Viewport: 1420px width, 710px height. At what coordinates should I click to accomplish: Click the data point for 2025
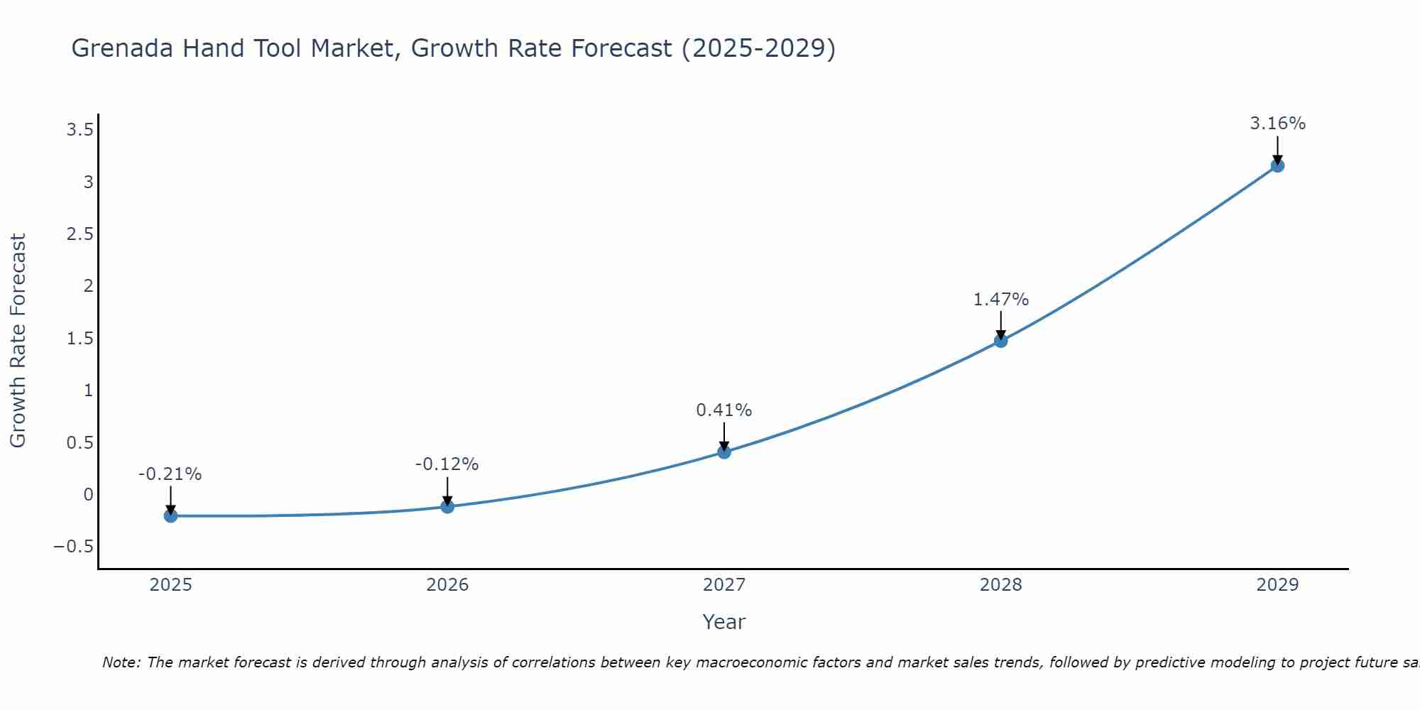point(170,515)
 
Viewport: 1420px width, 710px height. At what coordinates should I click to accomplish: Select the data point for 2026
point(447,506)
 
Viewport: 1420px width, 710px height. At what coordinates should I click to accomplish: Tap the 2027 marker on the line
point(724,452)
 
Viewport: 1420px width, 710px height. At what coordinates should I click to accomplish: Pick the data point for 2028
point(1000,341)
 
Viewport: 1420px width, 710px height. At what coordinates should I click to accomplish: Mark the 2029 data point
point(1277,165)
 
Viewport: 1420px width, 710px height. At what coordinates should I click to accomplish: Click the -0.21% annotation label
point(170,474)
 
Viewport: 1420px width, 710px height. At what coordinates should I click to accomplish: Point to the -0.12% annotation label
point(447,464)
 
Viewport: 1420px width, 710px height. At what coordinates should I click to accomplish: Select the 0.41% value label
point(723,410)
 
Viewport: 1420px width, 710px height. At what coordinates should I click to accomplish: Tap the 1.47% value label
point(1000,300)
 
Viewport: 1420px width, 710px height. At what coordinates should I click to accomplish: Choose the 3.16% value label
point(1277,124)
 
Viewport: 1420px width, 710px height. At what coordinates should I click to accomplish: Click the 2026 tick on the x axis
point(447,585)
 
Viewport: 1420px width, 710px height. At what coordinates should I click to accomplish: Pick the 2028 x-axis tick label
point(1000,585)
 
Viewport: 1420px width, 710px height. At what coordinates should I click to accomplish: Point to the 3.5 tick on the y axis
point(80,129)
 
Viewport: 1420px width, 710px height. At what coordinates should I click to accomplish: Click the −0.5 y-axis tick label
point(73,547)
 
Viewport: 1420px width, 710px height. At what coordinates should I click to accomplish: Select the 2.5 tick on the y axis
point(80,234)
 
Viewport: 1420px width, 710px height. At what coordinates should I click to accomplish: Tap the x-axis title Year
point(723,622)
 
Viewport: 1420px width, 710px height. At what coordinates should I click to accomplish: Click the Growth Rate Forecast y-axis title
point(18,341)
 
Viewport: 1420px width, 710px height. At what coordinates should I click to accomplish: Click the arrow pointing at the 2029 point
point(1277,151)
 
